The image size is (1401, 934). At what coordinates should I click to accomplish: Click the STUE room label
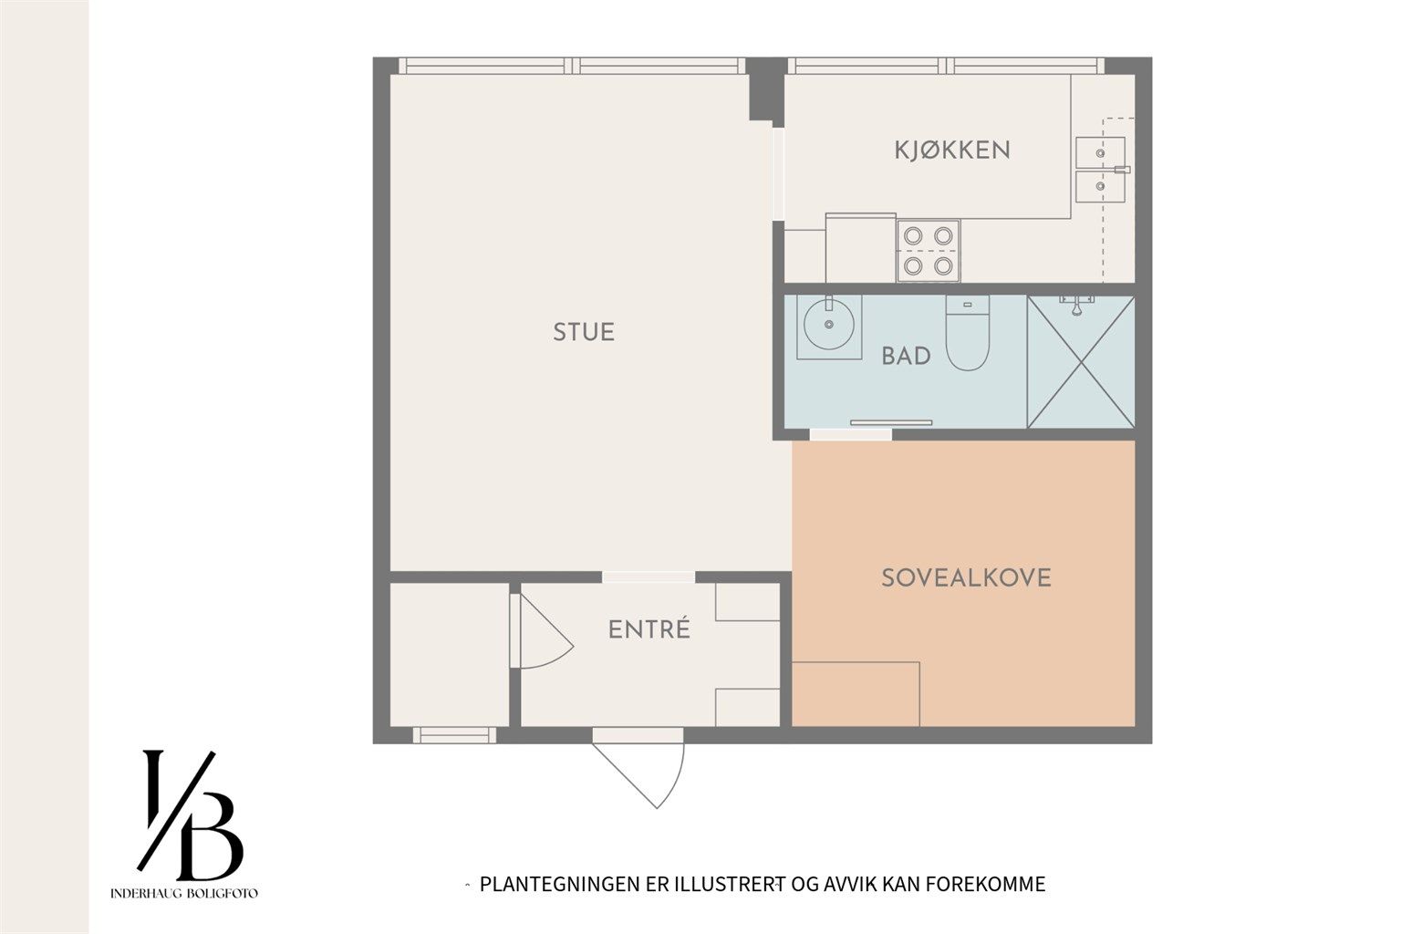(x=584, y=332)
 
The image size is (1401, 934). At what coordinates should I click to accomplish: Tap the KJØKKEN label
(x=952, y=150)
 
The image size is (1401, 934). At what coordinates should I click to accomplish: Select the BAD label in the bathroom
(x=906, y=356)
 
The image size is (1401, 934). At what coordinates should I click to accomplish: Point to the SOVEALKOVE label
(x=966, y=578)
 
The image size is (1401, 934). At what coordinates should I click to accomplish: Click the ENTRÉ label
(x=649, y=628)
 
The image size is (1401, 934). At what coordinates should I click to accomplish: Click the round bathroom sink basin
(x=829, y=324)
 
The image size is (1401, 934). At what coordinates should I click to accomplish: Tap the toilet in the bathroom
(x=967, y=333)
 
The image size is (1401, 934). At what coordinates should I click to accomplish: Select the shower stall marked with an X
(x=1081, y=362)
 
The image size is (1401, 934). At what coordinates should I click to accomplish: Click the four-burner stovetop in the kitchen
(x=929, y=251)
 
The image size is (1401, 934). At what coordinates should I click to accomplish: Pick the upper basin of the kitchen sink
(x=1099, y=152)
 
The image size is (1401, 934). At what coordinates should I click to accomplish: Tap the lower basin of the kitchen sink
(x=1099, y=186)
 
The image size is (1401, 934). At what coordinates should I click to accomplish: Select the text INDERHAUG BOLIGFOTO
(x=184, y=893)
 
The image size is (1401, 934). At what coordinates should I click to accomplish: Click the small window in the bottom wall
(x=455, y=735)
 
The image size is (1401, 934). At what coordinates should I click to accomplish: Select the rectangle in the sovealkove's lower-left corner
(x=856, y=694)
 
